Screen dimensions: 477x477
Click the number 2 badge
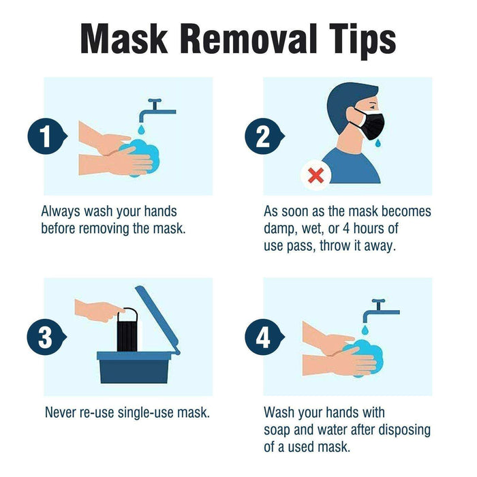[x=262, y=136]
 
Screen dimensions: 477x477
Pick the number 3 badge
[x=44, y=337]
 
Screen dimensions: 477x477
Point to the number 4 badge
[x=262, y=337]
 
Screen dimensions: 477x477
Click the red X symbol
[x=316, y=175]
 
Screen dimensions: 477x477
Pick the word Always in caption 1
[x=61, y=211]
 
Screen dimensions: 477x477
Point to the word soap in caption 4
[x=277, y=430]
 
